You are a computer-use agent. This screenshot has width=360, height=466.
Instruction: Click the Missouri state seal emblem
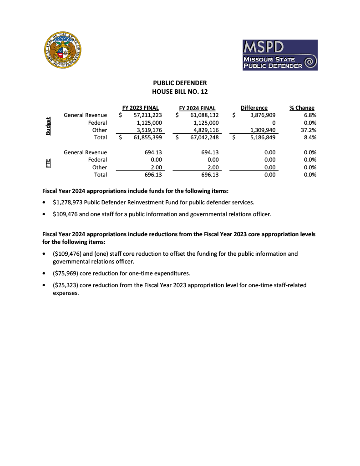click(x=64, y=51)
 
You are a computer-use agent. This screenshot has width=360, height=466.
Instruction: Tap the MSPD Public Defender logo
click(x=279, y=55)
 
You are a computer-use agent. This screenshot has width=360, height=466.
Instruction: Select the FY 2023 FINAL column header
click(x=141, y=108)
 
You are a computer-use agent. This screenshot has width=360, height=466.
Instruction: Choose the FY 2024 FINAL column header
click(x=197, y=108)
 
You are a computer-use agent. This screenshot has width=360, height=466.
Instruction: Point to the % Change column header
click(x=302, y=108)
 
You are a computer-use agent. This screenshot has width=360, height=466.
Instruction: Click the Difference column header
click(x=254, y=108)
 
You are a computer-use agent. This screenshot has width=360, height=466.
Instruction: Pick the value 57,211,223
click(x=148, y=115)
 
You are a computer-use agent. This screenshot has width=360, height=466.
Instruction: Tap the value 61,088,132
click(x=204, y=115)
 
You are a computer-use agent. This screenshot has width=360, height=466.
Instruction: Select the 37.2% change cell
click(x=309, y=130)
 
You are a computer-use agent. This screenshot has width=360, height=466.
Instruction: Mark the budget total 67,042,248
click(x=204, y=137)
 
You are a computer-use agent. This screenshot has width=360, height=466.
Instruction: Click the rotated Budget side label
click(x=48, y=126)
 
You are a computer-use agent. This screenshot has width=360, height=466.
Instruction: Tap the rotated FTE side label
click(x=48, y=163)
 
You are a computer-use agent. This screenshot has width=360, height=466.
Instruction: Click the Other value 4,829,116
click(x=206, y=130)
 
